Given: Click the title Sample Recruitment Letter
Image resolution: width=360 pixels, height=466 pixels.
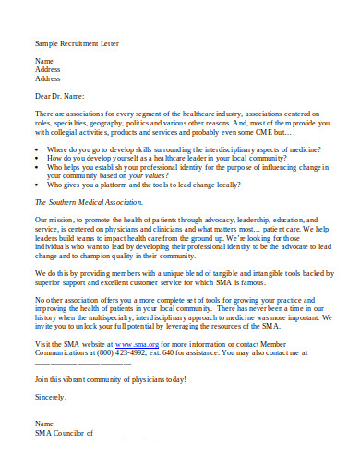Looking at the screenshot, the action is (x=77, y=43).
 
